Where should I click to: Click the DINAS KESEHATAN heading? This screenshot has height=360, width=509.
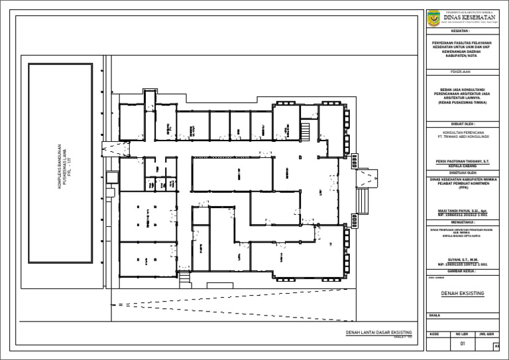click(x=471, y=17)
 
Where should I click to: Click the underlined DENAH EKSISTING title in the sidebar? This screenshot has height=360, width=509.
click(x=463, y=293)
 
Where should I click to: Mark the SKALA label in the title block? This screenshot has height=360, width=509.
click(x=435, y=316)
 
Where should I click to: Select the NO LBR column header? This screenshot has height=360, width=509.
click(x=463, y=334)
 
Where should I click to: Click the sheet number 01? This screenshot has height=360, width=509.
click(x=463, y=345)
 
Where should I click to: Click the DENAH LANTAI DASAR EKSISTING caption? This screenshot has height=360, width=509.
click(x=379, y=332)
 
